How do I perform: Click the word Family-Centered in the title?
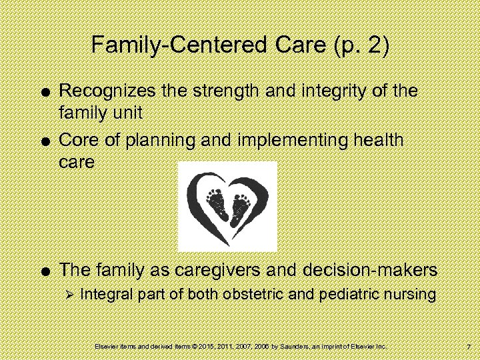coord(169,46)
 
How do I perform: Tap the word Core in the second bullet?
coord(79,141)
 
